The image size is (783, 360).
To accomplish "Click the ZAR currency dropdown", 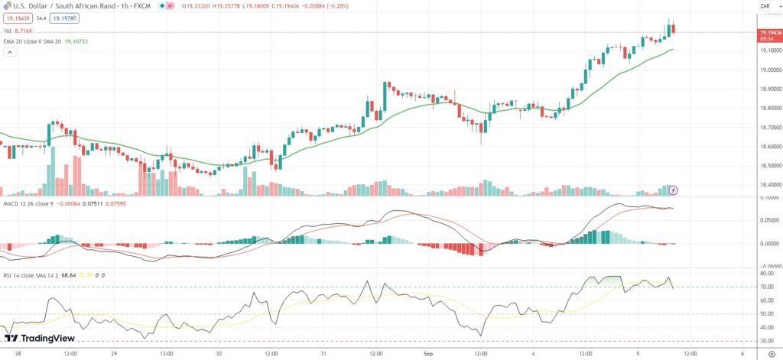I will coord(766,6).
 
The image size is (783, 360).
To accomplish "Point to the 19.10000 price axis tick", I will coord(768,50).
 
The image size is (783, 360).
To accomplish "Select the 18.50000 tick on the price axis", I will coord(768,165).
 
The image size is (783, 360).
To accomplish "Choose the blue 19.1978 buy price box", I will coord(63,18).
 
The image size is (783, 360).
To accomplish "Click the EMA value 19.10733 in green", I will coord(75,41).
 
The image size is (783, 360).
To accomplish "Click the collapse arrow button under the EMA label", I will coord(10,53).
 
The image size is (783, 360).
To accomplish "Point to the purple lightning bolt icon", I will coord(673,189).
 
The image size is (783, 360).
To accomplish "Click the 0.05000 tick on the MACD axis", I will coord(767,221).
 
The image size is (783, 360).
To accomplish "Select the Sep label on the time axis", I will coord(428,355).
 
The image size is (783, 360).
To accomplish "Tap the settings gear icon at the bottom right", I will coord(771,355).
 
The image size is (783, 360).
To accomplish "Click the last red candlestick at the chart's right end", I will coord(674,29).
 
